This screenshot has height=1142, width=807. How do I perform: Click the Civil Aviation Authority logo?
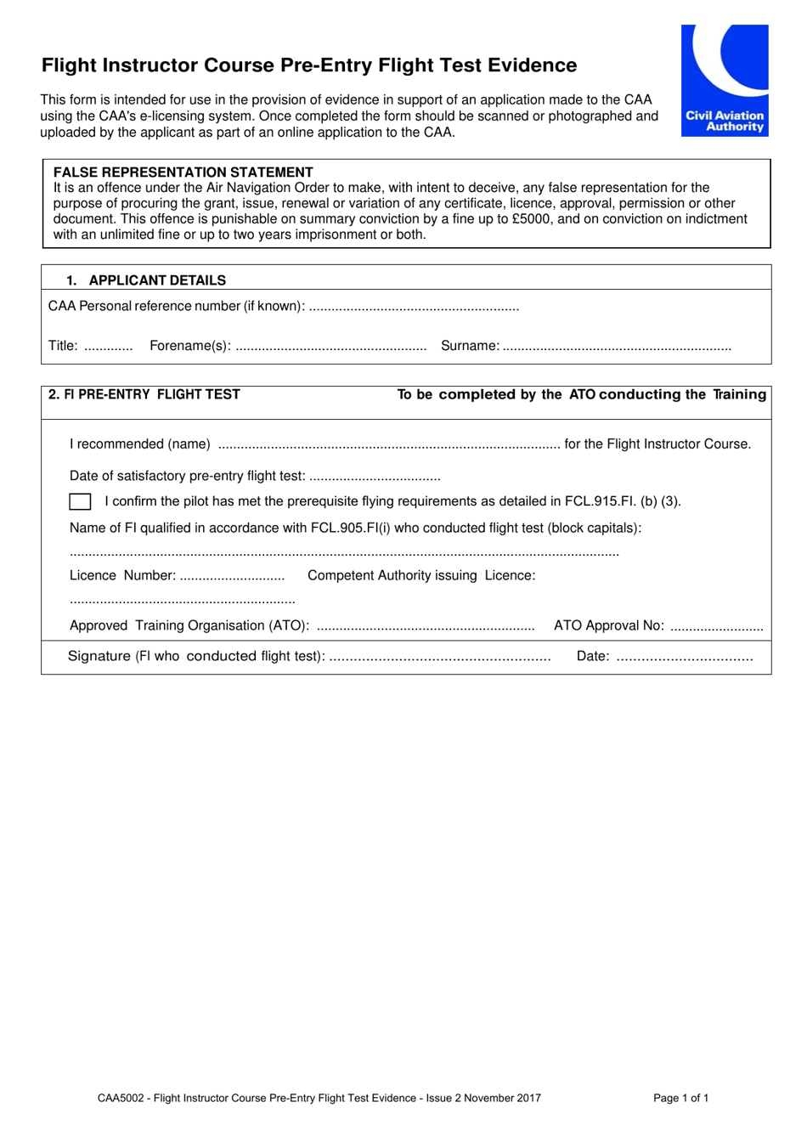pyautogui.click(x=724, y=80)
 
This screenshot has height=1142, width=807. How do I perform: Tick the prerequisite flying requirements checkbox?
pyautogui.click(x=80, y=501)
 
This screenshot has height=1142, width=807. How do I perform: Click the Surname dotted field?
pyautogui.click(x=617, y=347)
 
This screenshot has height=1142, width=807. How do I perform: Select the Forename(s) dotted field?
pyautogui.click(x=330, y=347)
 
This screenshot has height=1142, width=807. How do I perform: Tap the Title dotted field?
pyautogui.click(x=109, y=347)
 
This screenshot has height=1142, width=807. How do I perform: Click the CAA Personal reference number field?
pyautogui.click(x=414, y=308)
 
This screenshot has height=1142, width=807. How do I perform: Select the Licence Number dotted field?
pyautogui.click(x=232, y=577)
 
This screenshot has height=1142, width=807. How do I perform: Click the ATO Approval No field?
pyautogui.click(x=716, y=627)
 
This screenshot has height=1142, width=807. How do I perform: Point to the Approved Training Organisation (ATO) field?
pyautogui.click(x=425, y=627)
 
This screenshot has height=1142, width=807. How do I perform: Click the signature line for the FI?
pyautogui.click(x=439, y=658)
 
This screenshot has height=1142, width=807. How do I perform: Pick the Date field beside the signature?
pyautogui.click(x=684, y=658)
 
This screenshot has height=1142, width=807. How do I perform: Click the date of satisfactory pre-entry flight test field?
pyautogui.click(x=375, y=478)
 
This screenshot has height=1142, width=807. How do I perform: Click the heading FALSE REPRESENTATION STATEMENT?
pyautogui.click(x=183, y=172)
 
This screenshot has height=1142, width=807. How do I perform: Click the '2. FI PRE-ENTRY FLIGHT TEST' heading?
pyautogui.click(x=144, y=394)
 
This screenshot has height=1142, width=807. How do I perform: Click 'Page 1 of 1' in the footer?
pyautogui.click(x=680, y=1098)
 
